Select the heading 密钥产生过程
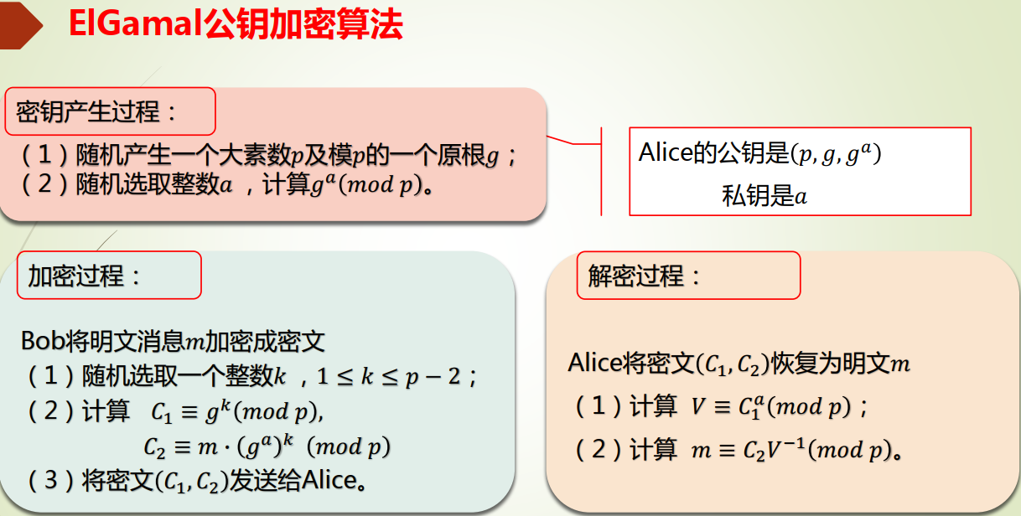coord(97,111)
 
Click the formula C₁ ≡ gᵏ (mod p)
coord(237,413)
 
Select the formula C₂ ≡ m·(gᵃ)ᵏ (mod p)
coord(267,446)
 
